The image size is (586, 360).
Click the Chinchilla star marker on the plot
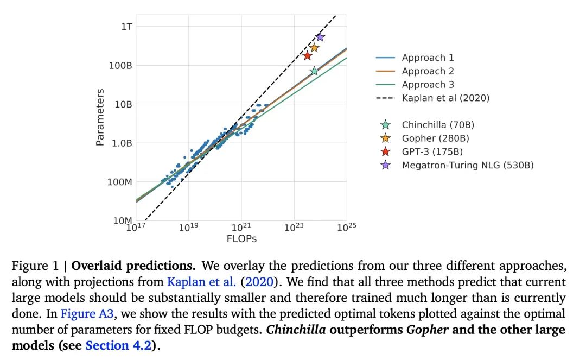tap(314, 71)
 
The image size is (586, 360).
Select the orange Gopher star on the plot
tap(314, 48)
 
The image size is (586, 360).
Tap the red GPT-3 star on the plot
tap(308, 55)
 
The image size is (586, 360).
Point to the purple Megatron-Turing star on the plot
tap(320, 37)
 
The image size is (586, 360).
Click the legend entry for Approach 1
tap(428, 58)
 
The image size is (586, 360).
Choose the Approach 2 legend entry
tap(428, 71)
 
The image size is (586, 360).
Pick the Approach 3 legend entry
tap(428, 85)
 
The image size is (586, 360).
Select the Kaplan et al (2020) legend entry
tap(445, 98)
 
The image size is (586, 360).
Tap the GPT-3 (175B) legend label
tap(432, 151)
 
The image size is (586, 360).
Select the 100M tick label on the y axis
tap(119, 182)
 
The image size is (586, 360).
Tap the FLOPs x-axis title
tap(241, 238)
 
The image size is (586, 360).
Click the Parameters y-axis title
tap(100, 117)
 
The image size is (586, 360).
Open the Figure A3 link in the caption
tap(84, 314)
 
